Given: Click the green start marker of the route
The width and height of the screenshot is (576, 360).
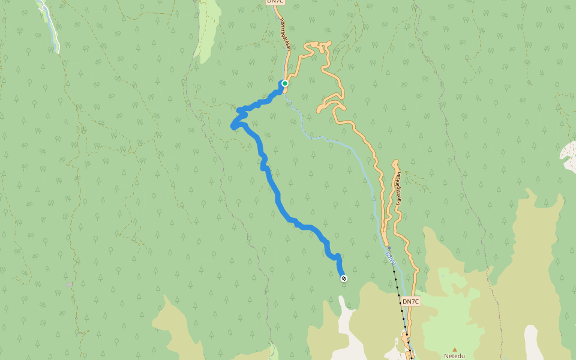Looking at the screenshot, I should click(285, 83).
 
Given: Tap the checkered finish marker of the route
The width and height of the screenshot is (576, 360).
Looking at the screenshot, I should click(344, 278).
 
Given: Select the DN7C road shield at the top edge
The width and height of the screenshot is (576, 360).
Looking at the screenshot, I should click(275, 2).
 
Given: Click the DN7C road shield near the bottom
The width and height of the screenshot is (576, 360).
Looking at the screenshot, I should click(410, 301).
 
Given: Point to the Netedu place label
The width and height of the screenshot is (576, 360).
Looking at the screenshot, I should click(454, 356).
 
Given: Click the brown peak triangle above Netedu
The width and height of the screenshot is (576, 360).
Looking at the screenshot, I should click(455, 349).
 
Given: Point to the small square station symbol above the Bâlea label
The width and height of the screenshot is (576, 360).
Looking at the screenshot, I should click(389, 247).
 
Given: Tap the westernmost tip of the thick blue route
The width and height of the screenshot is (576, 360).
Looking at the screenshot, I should click(233, 126).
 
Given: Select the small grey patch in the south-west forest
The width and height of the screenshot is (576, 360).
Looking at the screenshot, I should click(71, 284).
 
